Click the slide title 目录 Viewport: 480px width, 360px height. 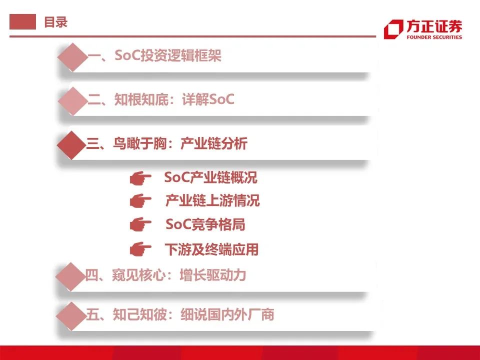click(55, 22)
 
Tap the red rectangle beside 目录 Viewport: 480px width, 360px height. click(22, 22)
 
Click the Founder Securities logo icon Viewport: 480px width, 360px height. click(392, 29)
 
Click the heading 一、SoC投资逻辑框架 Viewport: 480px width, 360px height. click(154, 56)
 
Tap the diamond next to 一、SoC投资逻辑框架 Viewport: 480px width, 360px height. click(72, 56)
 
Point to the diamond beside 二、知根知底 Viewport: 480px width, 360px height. click(72, 100)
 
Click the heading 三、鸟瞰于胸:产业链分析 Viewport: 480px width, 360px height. click(167, 144)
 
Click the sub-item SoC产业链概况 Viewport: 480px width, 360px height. click(210, 177)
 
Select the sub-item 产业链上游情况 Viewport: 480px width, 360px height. click(212, 201)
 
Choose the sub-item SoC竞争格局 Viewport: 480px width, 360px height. click(205, 224)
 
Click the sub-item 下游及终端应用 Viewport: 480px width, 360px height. click(211, 248)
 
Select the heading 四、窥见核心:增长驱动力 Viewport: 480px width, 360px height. click(165, 275)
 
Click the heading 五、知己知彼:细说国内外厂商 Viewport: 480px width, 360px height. click(179, 314)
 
